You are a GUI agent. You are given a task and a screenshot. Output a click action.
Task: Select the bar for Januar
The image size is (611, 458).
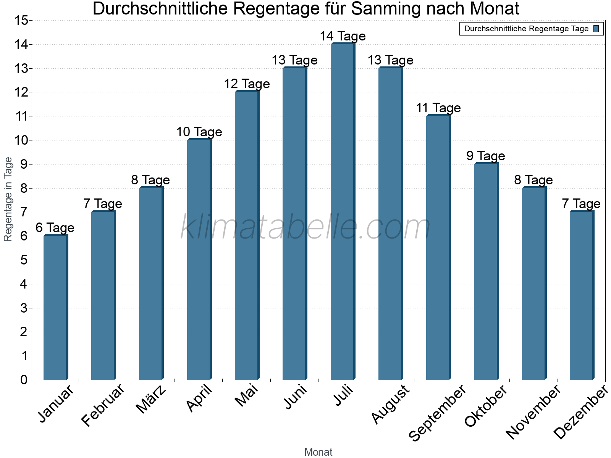(55, 307)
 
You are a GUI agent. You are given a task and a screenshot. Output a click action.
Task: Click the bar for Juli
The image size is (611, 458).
(343, 212)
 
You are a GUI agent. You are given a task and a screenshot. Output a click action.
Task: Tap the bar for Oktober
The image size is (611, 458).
(486, 272)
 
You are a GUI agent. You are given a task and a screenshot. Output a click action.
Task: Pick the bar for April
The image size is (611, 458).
(199, 260)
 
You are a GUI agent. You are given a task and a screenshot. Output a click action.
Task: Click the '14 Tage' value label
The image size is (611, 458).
(343, 36)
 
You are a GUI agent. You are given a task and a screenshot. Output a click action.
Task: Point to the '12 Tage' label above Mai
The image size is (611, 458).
(247, 84)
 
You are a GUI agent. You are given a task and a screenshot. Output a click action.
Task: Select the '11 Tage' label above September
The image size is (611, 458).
(438, 108)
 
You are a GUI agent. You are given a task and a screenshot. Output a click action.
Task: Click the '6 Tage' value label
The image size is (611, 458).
(55, 228)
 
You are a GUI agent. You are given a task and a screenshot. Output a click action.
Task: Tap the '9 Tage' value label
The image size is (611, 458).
(486, 156)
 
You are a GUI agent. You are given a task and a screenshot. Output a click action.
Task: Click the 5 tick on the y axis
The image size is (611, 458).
(24, 260)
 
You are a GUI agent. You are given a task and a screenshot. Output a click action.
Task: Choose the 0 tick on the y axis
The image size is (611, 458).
(24, 380)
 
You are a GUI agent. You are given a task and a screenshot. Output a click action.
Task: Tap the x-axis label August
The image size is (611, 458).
(390, 405)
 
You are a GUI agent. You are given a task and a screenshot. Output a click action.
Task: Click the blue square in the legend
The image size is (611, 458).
(596, 29)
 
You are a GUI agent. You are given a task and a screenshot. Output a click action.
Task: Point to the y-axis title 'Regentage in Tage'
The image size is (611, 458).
(8, 199)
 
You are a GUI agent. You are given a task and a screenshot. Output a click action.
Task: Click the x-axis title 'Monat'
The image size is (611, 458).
(318, 452)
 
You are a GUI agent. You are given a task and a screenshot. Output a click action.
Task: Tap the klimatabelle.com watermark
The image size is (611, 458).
(305, 227)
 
